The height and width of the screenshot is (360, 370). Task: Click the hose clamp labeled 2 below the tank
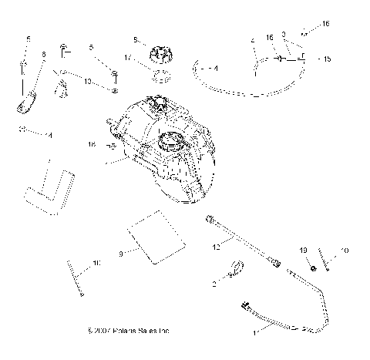pyautogui.click(x=236, y=270)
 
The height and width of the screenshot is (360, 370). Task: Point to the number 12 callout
pyautogui.click(x=217, y=245)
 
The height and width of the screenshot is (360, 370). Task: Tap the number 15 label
pyautogui.click(x=327, y=59)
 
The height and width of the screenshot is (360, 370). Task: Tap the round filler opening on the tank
pyautogui.click(x=171, y=141)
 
